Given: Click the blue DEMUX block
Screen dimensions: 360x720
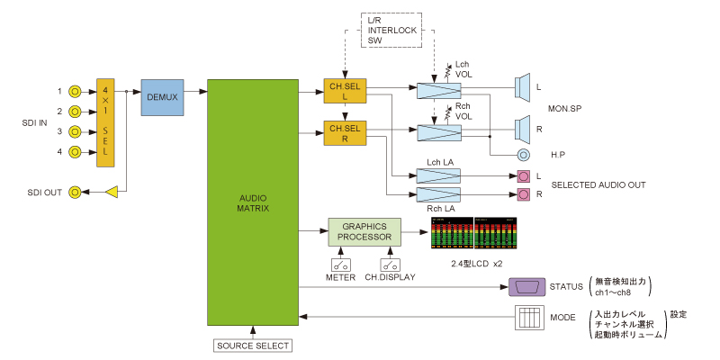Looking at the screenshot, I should point(162,97).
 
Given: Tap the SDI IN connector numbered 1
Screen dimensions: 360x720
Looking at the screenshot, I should point(77,91).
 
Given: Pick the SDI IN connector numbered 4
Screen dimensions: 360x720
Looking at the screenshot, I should point(77,151).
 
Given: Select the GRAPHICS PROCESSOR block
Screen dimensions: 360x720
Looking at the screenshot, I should point(362,231).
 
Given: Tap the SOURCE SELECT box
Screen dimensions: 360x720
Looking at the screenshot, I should point(254,345).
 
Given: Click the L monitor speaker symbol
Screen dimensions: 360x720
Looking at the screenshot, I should point(520,88).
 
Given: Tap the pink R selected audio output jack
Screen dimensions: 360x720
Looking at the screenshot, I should point(524,194).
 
